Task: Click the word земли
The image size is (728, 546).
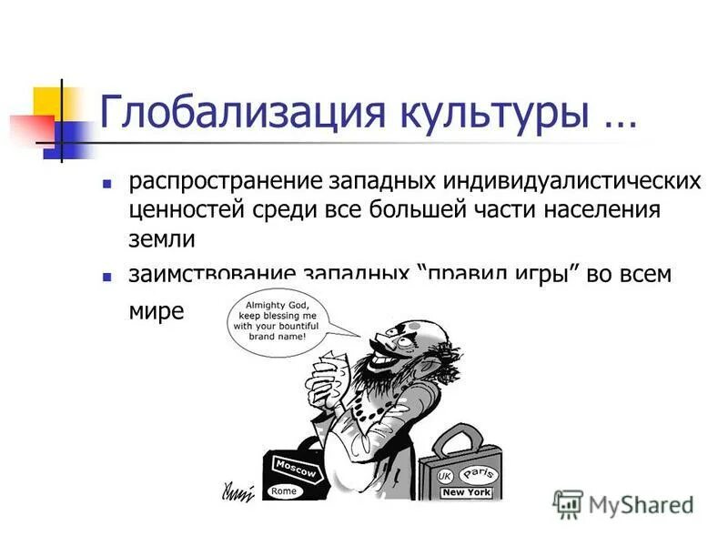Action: (x=161, y=239)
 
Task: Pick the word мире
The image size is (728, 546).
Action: (x=156, y=310)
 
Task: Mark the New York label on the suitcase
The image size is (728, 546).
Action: (x=466, y=492)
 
